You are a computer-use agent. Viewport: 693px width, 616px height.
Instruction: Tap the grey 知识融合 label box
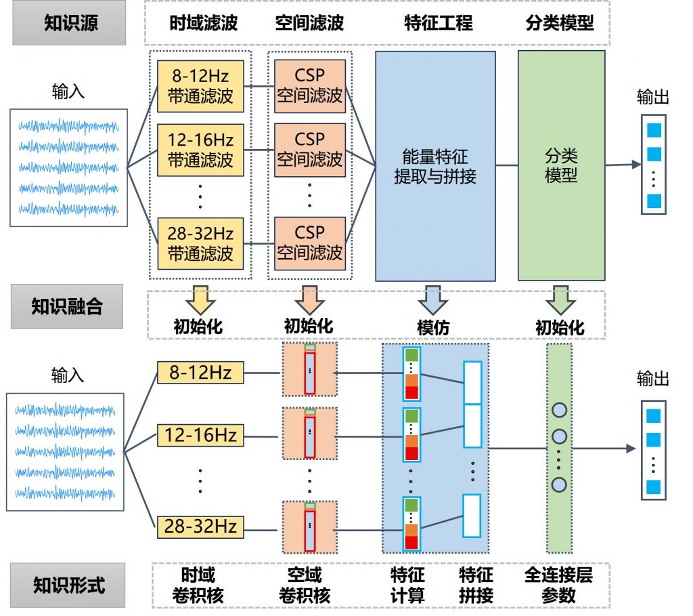pyautogui.click(x=67, y=306)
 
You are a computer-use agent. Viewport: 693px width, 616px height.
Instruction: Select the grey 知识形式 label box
pyautogui.click(x=69, y=585)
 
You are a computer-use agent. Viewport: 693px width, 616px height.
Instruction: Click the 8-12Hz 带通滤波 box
pyautogui.click(x=200, y=85)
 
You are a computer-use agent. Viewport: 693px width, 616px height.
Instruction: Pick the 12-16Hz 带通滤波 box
pyautogui.click(x=200, y=149)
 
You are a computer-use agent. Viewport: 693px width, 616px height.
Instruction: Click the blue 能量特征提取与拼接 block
pyautogui.click(x=435, y=166)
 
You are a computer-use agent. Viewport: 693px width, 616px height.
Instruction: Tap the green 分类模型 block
pyautogui.click(x=560, y=166)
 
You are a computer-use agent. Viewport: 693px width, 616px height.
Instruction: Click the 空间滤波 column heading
pyautogui.click(x=309, y=23)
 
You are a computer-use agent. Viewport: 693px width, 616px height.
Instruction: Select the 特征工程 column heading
pyautogui.click(x=435, y=23)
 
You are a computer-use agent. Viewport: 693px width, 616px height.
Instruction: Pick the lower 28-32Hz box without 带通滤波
pyautogui.click(x=200, y=525)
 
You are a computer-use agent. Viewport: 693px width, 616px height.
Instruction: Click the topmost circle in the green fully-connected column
pyautogui.click(x=559, y=410)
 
